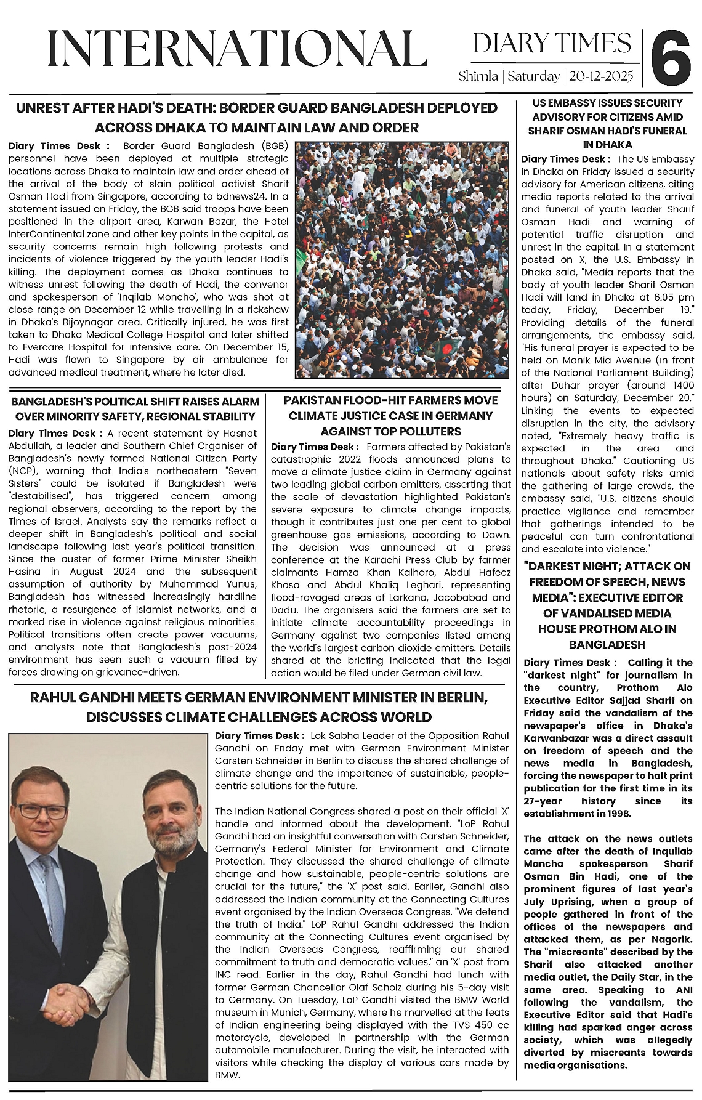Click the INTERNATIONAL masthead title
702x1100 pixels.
click(237, 50)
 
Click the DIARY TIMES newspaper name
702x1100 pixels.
click(552, 43)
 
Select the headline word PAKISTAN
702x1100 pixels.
click(314, 400)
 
